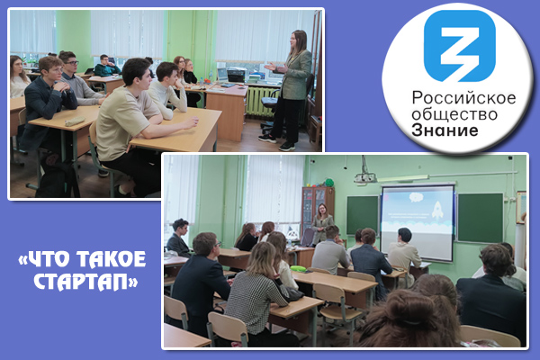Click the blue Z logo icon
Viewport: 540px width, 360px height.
click(459, 46)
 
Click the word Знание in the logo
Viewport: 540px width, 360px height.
click(445, 130)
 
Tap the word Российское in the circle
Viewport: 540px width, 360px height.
click(463, 98)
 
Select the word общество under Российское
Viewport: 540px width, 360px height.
click(454, 114)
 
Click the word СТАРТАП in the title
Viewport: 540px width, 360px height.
click(85, 283)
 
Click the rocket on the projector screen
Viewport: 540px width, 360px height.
click(437, 211)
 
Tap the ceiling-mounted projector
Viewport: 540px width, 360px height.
click(365, 176)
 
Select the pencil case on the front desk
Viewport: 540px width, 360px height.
click(75, 121)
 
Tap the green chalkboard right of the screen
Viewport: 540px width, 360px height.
click(480, 218)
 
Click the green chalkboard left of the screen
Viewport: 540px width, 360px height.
click(363, 215)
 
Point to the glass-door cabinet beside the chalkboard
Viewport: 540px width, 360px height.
click(318, 210)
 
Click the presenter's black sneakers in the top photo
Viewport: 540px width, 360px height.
click(277, 142)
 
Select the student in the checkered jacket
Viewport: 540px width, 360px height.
click(257, 291)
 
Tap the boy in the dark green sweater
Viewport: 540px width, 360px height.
click(106, 66)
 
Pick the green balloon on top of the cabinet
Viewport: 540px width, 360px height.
click(329, 182)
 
